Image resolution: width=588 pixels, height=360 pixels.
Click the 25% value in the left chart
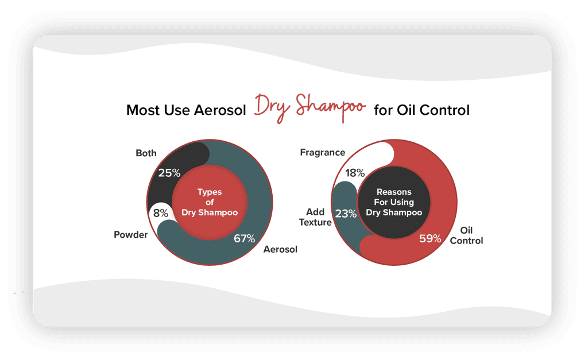(x=169, y=173)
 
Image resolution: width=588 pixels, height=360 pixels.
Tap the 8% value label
(x=161, y=213)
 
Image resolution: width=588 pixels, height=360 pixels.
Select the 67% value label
(x=244, y=238)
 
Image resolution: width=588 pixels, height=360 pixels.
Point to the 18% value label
(x=355, y=173)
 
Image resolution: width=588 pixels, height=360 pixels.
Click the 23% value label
(x=346, y=214)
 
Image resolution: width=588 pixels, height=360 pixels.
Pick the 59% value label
(x=430, y=238)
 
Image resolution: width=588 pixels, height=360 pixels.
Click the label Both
(x=146, y=153)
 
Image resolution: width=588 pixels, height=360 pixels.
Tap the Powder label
(x=130, y=235)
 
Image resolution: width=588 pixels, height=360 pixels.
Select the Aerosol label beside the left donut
(x=280, y=249)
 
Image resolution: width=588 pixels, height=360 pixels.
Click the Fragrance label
(x=323, y=152)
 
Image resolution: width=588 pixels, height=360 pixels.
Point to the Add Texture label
(x=315, y=217)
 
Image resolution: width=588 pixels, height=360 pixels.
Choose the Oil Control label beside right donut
(x=466, y=235)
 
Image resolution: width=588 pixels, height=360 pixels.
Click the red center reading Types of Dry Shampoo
(x=210, y=202)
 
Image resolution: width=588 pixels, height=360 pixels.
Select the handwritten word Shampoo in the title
(x=330, y=107)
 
